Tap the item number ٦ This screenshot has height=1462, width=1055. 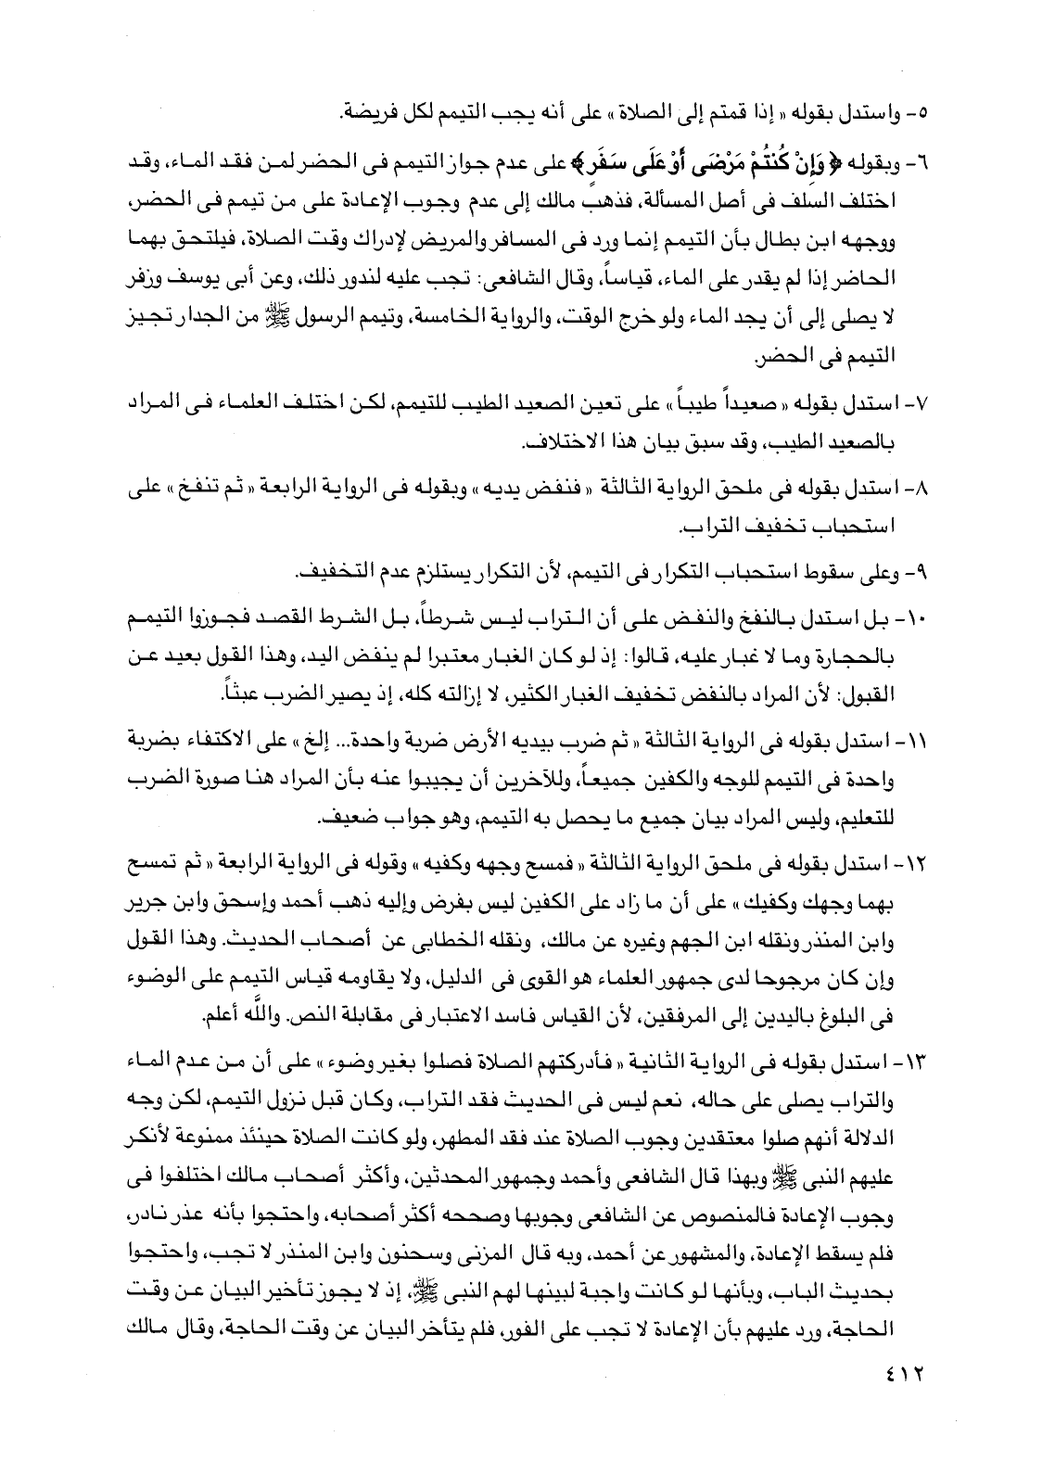pos(930,163)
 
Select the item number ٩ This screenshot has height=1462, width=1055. pos(929,567)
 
